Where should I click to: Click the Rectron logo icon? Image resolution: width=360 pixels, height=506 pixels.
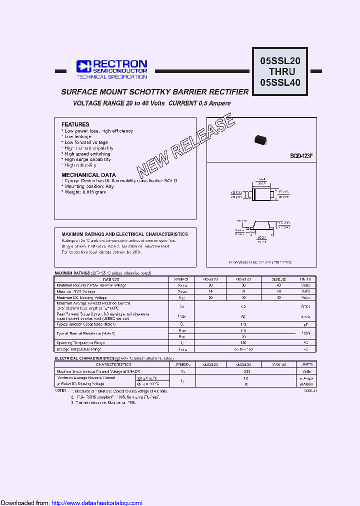coord(82,66)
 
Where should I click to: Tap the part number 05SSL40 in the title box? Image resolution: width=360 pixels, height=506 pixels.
coord(280,82)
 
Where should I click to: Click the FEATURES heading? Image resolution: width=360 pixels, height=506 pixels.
coord(75,124)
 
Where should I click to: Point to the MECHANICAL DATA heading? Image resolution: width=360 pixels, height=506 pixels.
coord(88,175)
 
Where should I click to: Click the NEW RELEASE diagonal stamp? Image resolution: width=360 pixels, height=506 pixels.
coord(185,145)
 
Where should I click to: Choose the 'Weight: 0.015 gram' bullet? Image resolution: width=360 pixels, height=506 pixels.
coord(84,192)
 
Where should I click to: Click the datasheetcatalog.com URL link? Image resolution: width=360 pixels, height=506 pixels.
coord(97,502)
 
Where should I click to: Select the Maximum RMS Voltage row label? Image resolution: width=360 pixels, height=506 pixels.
coord(76,291)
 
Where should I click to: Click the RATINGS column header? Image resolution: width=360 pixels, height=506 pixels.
coord(111,279)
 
